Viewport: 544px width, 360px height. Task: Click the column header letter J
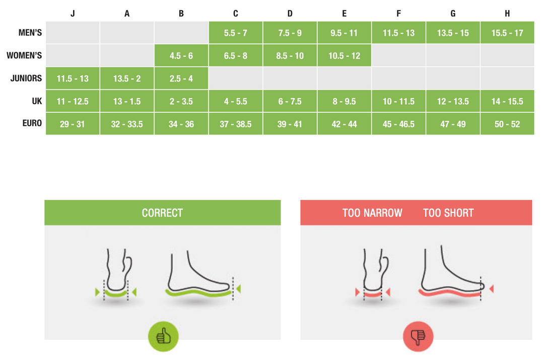pos(73,14)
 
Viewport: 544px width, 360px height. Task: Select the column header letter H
pos(507,14)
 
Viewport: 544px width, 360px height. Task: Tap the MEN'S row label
pos(30,33)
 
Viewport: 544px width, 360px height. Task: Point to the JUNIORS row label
pos(26,79)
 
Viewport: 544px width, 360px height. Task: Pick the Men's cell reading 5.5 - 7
pos(236,33)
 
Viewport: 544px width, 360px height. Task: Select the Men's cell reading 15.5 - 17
pos(507,33)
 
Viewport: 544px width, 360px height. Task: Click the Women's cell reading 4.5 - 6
pos(181,56)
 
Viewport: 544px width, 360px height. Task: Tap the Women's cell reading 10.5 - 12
pos(344,56)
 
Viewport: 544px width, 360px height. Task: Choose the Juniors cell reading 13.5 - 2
pos(127,79)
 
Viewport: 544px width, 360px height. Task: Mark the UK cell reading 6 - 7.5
pos(290,101)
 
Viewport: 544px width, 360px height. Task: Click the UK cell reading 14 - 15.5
pos(507,101)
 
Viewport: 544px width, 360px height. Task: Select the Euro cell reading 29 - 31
pos(73,124)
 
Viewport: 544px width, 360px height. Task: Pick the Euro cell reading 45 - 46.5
pos(398,124)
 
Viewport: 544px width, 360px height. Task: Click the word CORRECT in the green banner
pos(162,213)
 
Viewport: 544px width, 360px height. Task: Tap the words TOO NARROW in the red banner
pos(372,213)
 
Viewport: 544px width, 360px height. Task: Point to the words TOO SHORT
pos(448,213)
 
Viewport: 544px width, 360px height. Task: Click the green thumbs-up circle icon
pos(163,336)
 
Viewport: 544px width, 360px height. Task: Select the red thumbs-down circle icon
pos(418,336)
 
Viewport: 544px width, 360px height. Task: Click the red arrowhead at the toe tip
pos(491,289)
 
